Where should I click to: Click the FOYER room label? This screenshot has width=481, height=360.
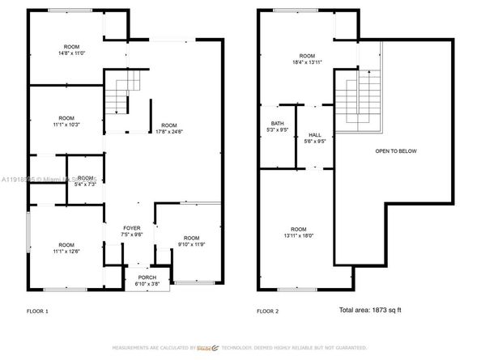click(132, 228)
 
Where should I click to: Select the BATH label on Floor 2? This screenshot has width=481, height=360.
click(277, 123)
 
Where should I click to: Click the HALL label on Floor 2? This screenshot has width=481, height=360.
click(314, 136)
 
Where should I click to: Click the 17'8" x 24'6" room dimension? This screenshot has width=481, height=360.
click(168, 131)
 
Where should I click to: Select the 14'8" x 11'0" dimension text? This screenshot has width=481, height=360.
click(72, 53)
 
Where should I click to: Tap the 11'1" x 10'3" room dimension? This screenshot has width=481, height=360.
click(66, 123)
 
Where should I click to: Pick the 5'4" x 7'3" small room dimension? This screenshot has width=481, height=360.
click(85, 184)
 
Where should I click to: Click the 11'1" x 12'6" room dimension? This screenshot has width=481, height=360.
click(66, 251)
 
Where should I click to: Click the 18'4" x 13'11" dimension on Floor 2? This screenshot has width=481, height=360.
click(307, 62)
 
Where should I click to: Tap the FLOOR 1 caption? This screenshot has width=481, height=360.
click(37, 311)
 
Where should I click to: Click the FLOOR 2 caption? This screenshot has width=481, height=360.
click(268, 311)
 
